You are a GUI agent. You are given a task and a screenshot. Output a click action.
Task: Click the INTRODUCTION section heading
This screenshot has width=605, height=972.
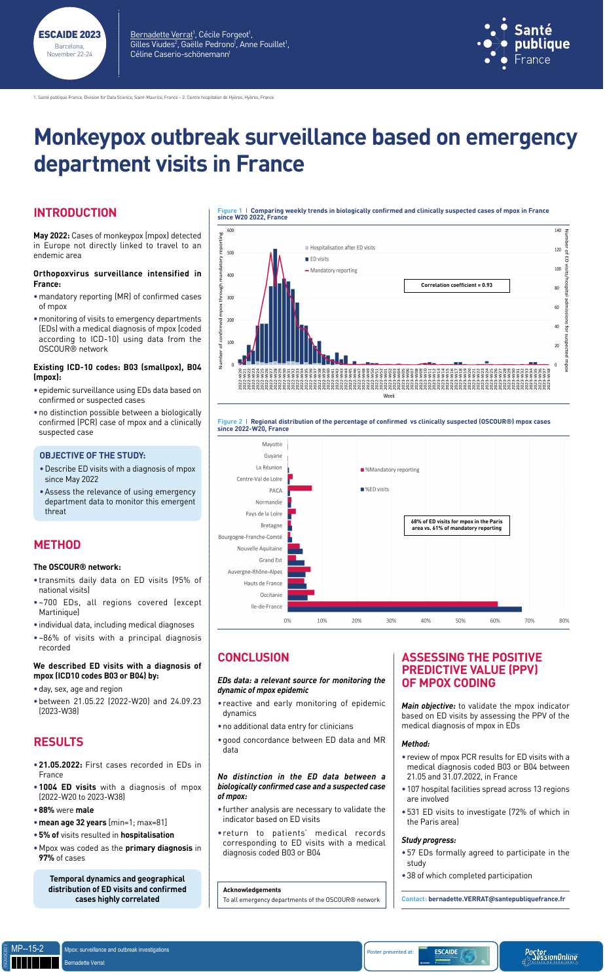pos(75,213)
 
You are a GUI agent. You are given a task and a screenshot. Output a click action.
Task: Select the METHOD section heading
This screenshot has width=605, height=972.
pos(57,545)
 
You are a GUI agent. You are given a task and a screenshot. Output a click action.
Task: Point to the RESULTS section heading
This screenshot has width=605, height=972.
pos(58,742)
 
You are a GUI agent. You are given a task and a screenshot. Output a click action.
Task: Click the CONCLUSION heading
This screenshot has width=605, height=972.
pos(253,658)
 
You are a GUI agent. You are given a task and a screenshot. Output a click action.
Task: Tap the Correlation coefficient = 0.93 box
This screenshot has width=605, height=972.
pos(456,286)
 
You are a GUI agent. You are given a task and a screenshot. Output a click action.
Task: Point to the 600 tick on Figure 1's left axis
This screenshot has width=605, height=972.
pos(230,231)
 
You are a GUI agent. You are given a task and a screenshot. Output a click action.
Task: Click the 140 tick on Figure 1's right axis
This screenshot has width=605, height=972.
pos(557,231)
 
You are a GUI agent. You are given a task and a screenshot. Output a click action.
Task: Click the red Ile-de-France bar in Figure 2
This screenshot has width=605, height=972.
pos(392,604)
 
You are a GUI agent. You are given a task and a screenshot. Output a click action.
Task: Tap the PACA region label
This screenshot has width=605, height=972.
pos(275,491)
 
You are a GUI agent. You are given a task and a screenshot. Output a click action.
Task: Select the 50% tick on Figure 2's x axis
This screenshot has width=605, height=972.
pos(460,620)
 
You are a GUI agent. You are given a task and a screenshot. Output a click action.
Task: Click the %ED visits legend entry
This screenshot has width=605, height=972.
pos(376,489)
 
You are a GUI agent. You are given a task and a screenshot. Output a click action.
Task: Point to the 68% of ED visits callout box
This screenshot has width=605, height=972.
pos(456,525)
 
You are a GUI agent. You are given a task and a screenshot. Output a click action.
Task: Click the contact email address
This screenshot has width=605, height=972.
pos(496,899)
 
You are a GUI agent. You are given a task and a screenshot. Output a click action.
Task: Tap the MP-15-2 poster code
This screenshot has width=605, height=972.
pos(27,948)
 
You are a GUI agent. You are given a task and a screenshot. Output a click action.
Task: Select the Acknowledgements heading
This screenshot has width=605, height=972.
pos(251,889)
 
